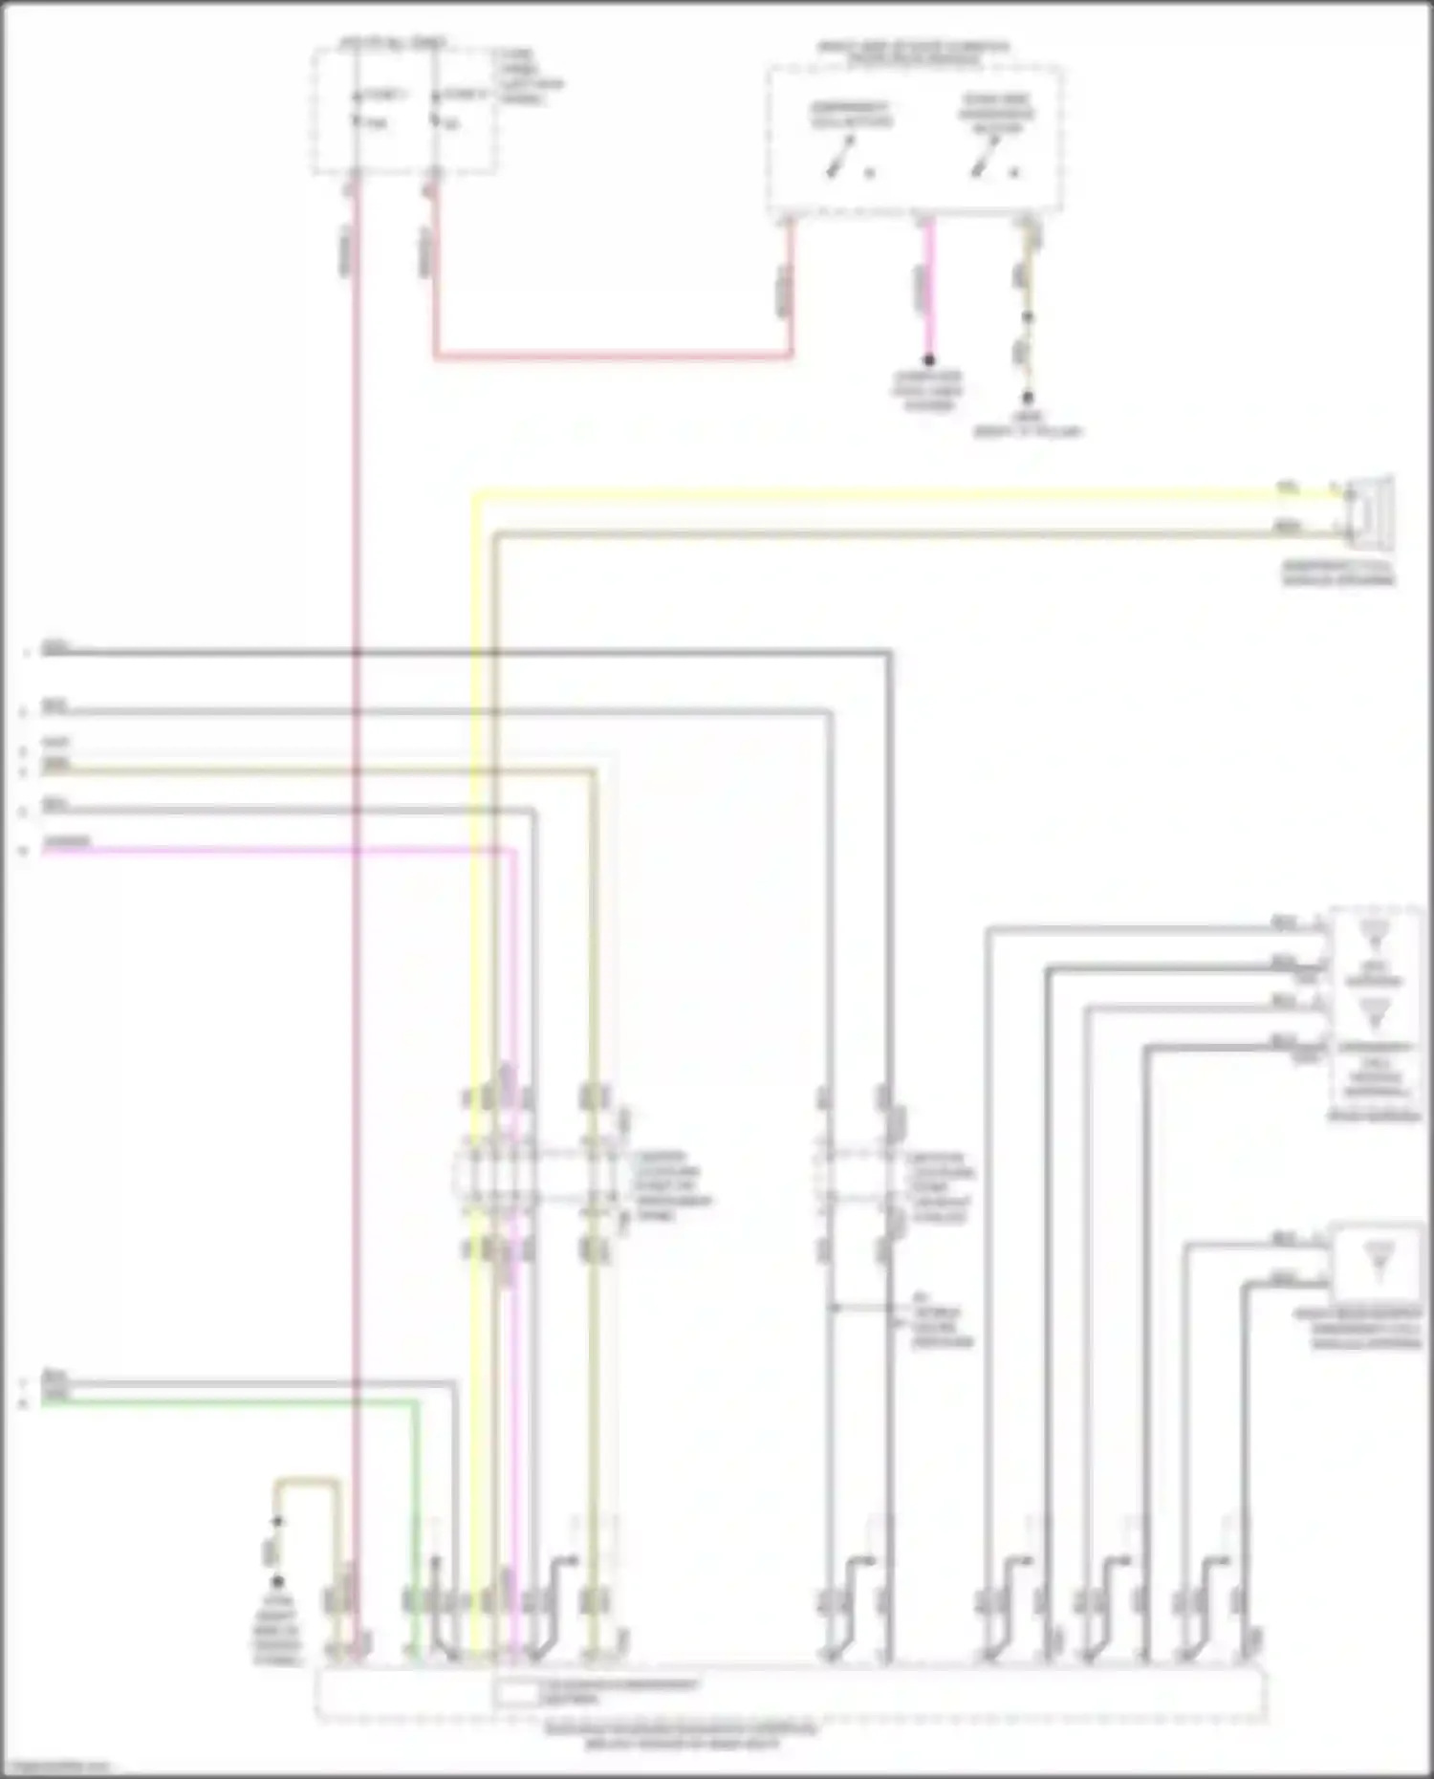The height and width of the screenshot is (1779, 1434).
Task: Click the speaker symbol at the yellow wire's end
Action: (1369, 511)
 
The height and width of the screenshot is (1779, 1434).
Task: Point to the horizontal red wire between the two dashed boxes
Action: (612, 357)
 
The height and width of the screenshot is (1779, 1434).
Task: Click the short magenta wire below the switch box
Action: (928, 287)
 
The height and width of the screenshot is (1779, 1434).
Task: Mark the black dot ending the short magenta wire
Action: (928, 360)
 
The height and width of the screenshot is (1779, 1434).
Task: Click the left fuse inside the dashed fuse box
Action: (357, 108)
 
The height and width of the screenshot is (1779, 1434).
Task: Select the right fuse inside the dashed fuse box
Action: (435, 108)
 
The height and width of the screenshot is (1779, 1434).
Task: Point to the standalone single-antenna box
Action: (1377, 1260)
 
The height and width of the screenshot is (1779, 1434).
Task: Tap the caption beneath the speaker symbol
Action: (1338, 574)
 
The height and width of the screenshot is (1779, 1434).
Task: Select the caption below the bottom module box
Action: (681, 1736)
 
